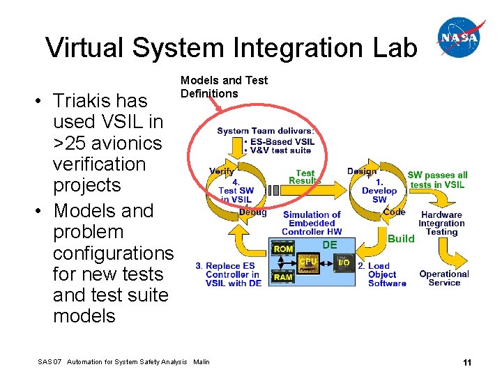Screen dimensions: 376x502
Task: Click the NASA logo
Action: pos(461,38)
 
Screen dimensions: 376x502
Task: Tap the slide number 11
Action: pos(466,362)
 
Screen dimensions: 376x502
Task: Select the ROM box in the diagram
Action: pos(283,249)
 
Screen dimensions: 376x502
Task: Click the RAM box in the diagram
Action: pos(283,277)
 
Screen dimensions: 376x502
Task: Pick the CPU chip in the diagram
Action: pos(309,263)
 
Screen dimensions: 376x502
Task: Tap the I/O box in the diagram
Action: pos(344,263)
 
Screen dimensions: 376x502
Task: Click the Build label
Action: pos(401,238)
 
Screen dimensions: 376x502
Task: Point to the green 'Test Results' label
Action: pos(305,177)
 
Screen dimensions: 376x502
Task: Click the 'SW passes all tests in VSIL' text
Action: pos(437,180)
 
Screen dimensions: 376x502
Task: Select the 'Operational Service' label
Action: pos(444,278)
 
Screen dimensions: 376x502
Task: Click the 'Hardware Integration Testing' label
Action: pos(441,224)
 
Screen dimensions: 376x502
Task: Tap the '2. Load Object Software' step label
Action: pos(382,274)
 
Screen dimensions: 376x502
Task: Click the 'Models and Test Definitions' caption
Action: pos(223,87)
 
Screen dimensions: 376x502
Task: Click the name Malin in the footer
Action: pos(201,362)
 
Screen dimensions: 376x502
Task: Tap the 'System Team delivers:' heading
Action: pos(266,130)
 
